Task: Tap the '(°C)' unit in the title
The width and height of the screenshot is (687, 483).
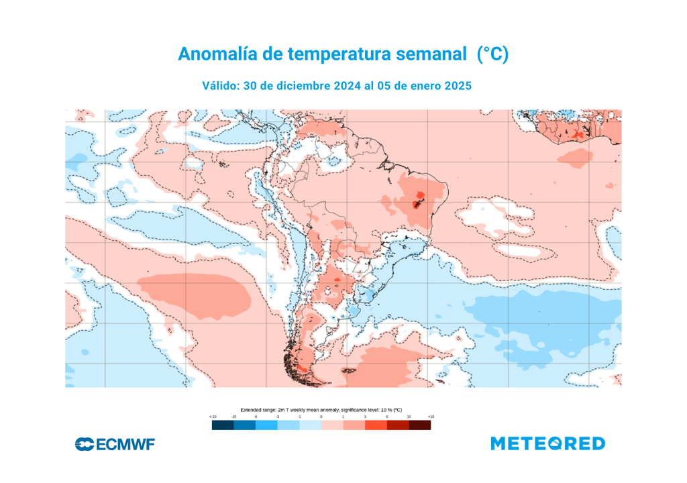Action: [x=492, y=54]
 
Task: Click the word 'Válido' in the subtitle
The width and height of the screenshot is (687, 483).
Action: [x=221, y=86]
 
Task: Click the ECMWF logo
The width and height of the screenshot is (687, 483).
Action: [x=115, y=444]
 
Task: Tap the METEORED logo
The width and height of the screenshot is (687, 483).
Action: [x=547, y=443]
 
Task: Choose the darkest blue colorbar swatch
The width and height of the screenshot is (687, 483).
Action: [x=223, y=425]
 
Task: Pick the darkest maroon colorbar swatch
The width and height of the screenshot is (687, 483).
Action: [x=420, y=425]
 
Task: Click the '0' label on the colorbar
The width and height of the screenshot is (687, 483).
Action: [x=321, y=417]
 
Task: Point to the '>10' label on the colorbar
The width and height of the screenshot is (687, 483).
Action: [x=431, y=417]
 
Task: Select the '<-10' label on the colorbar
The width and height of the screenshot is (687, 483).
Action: [x=213, y=417]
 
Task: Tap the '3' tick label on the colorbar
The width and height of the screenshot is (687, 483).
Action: [x=365, y=417]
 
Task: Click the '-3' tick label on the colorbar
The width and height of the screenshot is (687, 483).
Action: [x=278, y=417]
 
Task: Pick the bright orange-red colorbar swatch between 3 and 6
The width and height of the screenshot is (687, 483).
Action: [x=376, y=425]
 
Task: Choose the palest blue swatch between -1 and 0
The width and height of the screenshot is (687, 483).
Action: [x=310, y=425]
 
